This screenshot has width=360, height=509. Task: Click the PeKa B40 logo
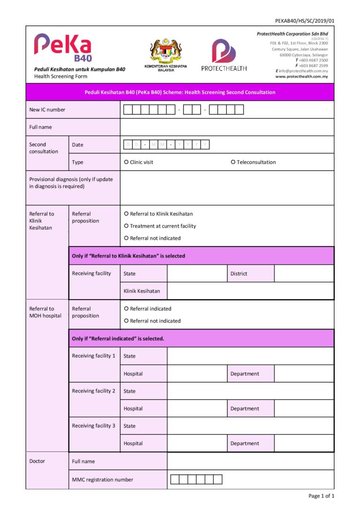(x=62, y=48)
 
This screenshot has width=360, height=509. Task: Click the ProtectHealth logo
(x=224, y=55)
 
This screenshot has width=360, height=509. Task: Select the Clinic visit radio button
(x=126, y=162)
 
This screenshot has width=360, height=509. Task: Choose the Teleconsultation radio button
(x=233, y=162)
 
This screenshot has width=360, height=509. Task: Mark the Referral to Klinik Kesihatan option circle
(x=126, y=214)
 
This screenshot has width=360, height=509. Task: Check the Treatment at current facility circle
(x=126, y=226)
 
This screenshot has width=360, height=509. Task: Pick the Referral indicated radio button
(x=126, y=309)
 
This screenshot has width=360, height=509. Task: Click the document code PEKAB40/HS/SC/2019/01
(x=305, y=21)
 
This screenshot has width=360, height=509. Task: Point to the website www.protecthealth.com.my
(x=301, y=76)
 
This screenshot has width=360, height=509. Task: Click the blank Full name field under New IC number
(x=227, y=127)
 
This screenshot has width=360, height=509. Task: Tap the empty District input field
(x=304, y=273)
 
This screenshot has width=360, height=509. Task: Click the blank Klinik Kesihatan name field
(x=250, y=291)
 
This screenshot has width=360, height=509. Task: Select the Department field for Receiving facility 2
(x=304, y=408)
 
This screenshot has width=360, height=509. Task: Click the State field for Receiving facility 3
(x=250, y=426)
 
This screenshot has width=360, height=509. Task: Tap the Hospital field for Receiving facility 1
(x=197, y=374)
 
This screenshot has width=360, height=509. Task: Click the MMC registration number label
(x=103, y=479)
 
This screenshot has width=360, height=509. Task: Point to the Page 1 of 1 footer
(x=321, y=496)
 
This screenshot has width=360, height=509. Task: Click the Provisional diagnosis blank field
(x=227, y=187)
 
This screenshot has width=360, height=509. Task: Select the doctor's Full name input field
(x=250, y=461)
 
